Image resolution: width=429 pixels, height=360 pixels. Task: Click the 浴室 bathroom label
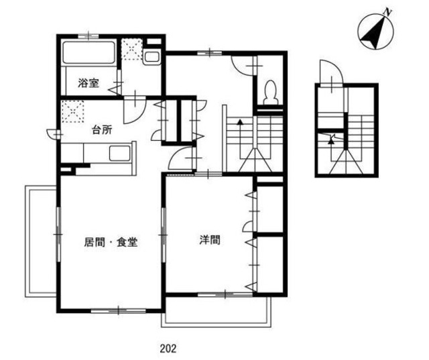88,84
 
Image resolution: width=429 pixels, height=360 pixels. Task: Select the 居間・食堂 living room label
111,242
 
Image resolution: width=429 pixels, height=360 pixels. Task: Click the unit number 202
169,348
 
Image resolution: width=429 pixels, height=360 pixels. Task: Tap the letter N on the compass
387,12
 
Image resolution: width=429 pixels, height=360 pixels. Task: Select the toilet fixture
271,91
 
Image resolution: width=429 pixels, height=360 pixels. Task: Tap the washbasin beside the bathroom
152,57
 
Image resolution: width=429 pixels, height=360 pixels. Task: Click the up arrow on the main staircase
240,123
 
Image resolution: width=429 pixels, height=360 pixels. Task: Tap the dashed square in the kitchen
71,110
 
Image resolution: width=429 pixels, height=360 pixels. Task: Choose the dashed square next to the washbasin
131,51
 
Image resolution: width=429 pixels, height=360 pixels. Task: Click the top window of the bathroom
88,34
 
